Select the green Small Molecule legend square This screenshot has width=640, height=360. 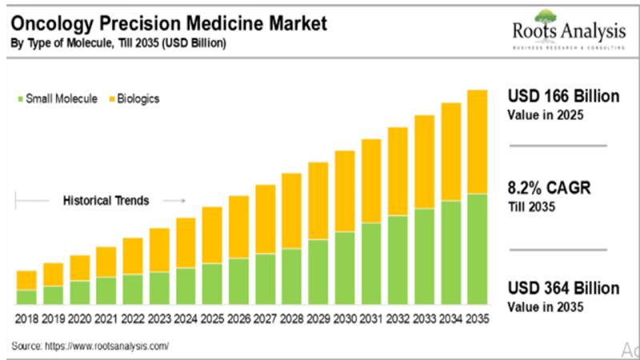(x=20, y=99)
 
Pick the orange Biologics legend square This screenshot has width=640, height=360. (x=111, y=99)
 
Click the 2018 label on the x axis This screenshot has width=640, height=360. (x=26, y=318)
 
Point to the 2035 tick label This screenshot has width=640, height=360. (x=477, y=318)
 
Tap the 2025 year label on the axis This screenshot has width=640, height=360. (x=212, y=318)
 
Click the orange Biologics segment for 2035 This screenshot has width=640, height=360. (x=477, y=142)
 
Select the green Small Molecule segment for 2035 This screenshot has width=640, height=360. (x=477, y=249)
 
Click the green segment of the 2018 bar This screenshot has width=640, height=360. (x=26, y=297)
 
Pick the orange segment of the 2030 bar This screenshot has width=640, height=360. (x=345, y=191)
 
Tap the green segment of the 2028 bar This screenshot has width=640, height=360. (x=292, y=276)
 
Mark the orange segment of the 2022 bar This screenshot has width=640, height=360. (x=133, y=256)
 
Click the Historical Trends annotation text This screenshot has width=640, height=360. (x=106, y=201)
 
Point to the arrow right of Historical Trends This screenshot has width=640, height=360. (x=178, y=201)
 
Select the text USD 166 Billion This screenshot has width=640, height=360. (x=563, y=97)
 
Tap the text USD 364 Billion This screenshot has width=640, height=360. (x=563, y=289)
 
